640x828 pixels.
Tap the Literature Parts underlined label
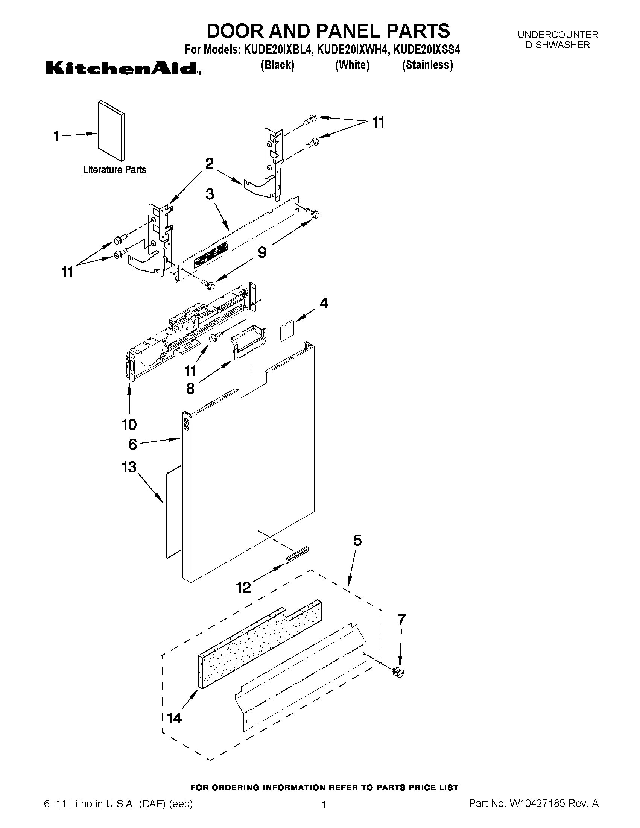[x=114, y=169]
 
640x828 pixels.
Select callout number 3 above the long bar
[x=210, y=194]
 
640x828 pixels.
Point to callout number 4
[x=324, y=303]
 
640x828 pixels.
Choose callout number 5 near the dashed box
[x=357, y=541]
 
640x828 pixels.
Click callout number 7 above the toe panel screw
[x=401, y=620]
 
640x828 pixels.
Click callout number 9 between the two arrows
[x=262, y=252]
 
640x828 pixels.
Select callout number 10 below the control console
[x=129, y=425]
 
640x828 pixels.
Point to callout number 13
[x=129, y=467]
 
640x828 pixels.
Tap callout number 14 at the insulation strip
[x=175, y=718]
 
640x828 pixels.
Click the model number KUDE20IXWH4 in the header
[x=353, y=50]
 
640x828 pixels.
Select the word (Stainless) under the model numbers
[x=427, y=65]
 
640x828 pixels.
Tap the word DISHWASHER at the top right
[x=557, y=45]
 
